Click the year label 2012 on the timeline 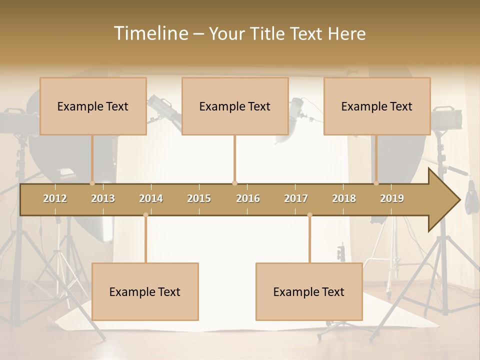pos(55,198)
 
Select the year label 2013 pos(103,198)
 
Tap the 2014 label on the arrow pos(151,198)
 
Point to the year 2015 pos(199,198)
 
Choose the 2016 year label pos(248,198)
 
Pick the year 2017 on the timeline pos(296,198)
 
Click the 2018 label pos(344,198)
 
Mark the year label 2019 pos(392,198)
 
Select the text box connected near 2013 pos(93,106)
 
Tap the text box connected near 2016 pos(235,106)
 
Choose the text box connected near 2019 pos(377,106)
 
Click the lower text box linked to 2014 pos(145,291)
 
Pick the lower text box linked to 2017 pos(309,291)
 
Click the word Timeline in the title pos(150,33)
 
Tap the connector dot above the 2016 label pos(234,183)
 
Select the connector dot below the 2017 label pos(309,215)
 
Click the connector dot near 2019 pos(376,183)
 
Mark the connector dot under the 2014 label pos(145,215)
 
